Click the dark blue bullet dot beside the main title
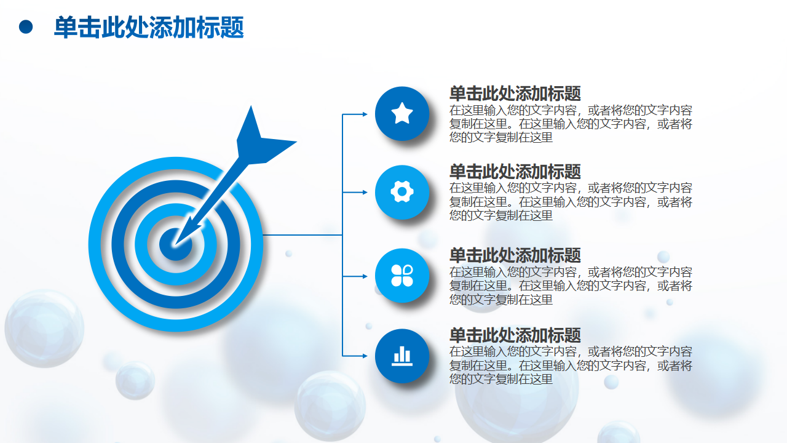pos(26,27)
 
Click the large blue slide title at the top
pos(149,27)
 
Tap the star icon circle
pos(402,114)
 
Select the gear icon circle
pos(402,192)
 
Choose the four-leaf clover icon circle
pos(402,276)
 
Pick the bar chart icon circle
pos(402,356)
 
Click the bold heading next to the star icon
pos(515,94)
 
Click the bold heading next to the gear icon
pos(515,172)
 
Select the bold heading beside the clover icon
pos(515,255)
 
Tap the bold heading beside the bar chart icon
pos(515,335)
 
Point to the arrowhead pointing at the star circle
pos(365,114)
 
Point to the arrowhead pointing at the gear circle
pos(365,193)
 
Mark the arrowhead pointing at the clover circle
pos(365,276)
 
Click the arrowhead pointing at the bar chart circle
pos(365,356)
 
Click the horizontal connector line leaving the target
pos(303,234)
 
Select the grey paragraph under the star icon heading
pos(571,124)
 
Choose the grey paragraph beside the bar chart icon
pos(571,365)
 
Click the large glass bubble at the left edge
pos(44,329)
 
